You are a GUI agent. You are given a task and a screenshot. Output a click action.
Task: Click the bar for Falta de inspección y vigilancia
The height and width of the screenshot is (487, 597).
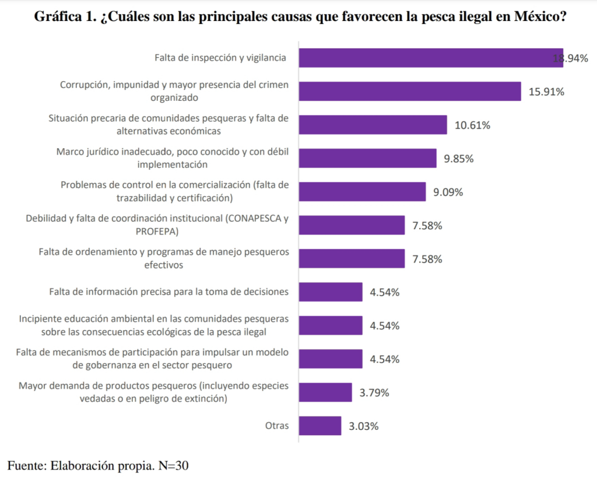431,58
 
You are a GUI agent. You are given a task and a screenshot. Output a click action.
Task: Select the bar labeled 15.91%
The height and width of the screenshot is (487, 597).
410,92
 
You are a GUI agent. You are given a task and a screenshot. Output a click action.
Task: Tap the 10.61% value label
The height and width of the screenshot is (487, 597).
472,125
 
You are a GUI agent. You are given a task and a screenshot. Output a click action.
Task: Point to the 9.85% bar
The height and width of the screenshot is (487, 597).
368,159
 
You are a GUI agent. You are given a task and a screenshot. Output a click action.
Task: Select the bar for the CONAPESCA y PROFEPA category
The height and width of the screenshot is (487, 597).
352,226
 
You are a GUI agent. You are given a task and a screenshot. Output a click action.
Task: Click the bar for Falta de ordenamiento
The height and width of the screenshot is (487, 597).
352,259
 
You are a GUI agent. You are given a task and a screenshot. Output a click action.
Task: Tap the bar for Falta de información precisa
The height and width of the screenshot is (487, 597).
331,292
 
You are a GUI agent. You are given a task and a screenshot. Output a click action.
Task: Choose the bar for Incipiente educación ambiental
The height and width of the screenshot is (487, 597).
331,325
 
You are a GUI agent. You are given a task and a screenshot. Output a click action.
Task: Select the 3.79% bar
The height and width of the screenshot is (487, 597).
325,393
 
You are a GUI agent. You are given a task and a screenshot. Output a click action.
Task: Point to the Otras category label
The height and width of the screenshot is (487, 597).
277,426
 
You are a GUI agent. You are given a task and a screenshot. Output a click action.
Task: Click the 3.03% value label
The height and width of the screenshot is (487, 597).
364,426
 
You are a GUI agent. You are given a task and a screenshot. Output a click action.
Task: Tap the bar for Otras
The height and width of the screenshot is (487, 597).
320,426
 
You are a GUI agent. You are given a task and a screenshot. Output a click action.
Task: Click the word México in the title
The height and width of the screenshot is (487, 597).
540,17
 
